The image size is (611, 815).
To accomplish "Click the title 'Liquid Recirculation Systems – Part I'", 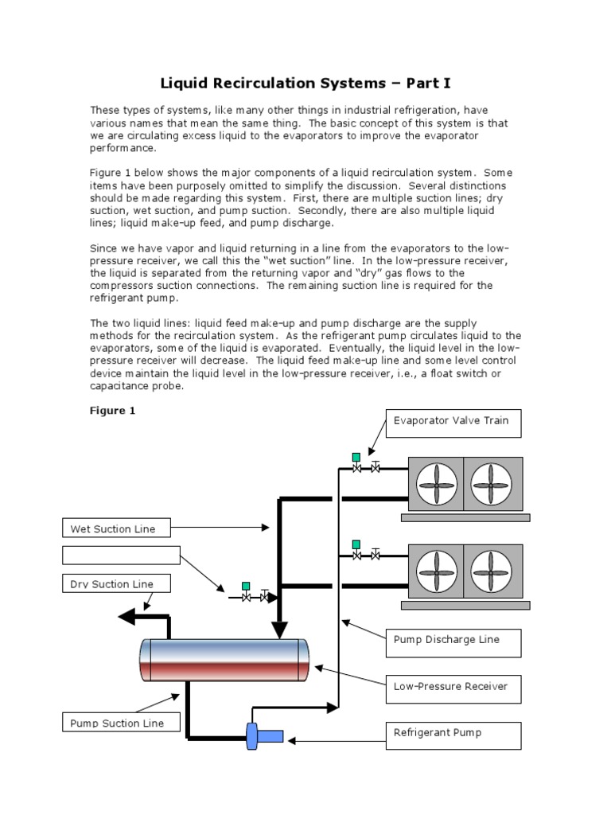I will tap(306, 83).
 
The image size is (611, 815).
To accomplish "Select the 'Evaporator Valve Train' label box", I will tap(453, 422).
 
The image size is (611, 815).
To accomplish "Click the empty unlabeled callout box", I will tap(121, 556).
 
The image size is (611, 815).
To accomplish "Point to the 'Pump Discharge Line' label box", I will tap(453, 641).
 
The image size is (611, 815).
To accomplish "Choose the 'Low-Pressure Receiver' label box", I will tap(453, 687).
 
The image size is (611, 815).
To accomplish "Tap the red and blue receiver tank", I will tap(224, 660).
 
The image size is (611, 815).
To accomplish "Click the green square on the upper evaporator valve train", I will tap(356, 457).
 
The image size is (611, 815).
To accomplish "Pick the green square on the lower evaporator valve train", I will tap(356, 544).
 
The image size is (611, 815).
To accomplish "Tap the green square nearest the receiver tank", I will tap(246, 587).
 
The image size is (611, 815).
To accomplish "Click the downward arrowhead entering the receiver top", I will tap(278, 631).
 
